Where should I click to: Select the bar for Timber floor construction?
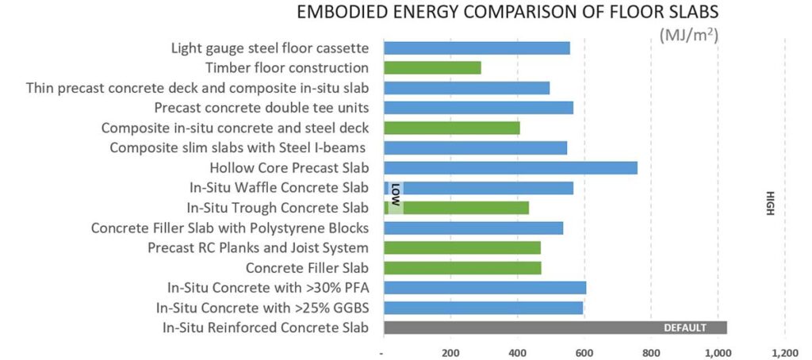click(x=432, y=68)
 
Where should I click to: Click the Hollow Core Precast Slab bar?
click(x=510, y=167)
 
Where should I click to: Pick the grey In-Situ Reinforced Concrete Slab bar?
click(x=555, y=327)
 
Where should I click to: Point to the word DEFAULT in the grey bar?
click(x=684, y=327)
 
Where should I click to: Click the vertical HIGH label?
click(x=768, y=201)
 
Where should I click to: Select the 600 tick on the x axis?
click(x=584, y=351)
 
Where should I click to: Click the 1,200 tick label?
click(x=784, y=351)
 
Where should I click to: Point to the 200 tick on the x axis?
click(x=450, y=351)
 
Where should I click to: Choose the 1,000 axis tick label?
click(x=717, y=351)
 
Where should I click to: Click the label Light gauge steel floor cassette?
click(x=270, y=48)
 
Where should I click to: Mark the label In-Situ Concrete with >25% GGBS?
click(x=262, y=308)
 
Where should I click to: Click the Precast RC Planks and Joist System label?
click(x=258, y=247)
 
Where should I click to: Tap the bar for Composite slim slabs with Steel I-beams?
click(x=475, y=147)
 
